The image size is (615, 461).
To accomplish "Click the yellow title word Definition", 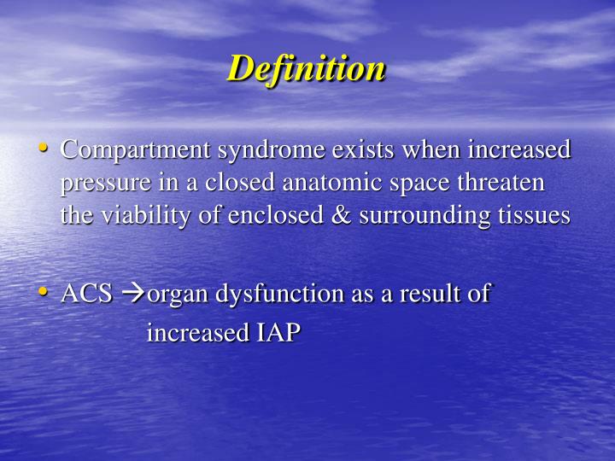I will [x=306, y=69].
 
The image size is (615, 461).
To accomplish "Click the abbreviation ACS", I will [x=86, y=295].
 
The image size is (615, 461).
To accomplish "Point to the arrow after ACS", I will [x=132, y=295].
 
